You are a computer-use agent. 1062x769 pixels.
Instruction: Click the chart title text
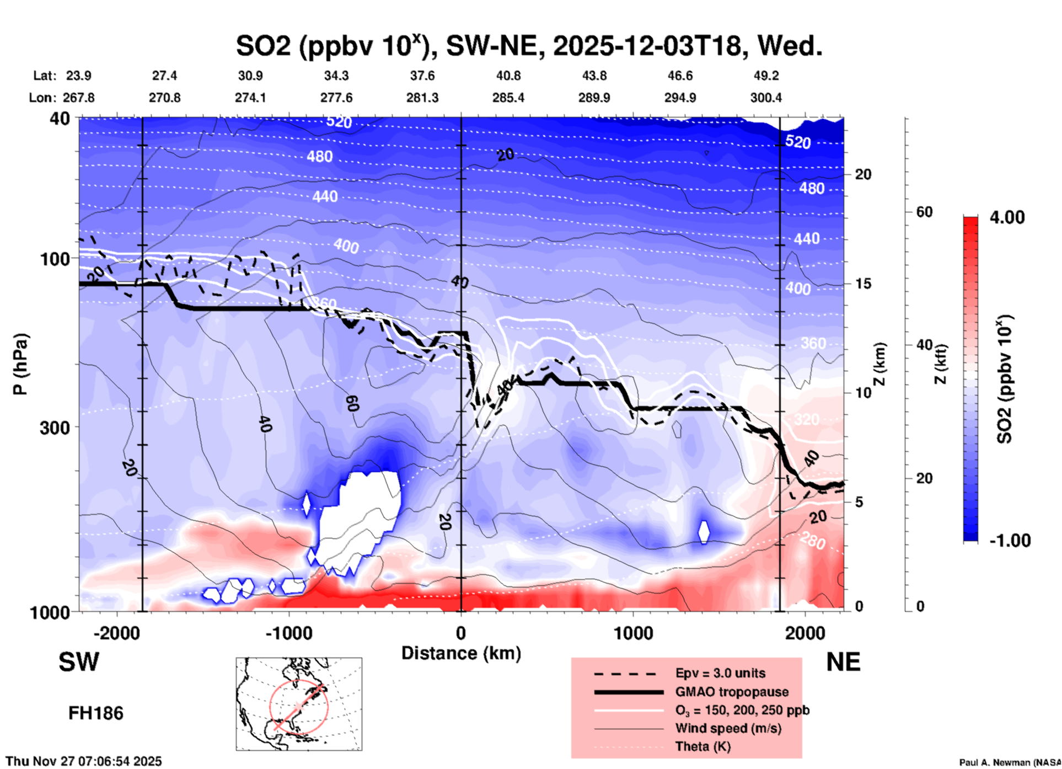click(529, 45)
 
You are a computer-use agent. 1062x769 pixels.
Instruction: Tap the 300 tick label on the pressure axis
click(55, 428)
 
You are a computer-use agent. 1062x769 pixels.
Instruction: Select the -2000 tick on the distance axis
click(117, 633)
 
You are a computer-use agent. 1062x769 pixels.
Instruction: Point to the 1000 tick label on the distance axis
click(633, 633)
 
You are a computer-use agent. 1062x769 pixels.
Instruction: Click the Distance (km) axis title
click(461, 653)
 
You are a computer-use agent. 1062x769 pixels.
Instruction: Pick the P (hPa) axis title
click(20, 364)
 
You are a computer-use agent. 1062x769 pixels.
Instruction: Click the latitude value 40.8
click(508, 76)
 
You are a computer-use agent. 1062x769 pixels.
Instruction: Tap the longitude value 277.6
click(336, 98)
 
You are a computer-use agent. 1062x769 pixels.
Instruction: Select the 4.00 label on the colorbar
click(1007, 217)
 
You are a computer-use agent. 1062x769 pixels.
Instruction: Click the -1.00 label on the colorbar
click(1010, 541)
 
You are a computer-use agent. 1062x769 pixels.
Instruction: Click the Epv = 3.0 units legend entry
click(720, 673)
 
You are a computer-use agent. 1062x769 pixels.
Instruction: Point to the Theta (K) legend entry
click(702, 746)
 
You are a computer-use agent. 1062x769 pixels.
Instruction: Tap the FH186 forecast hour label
click(96, 713)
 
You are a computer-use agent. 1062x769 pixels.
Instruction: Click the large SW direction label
click(79, 662)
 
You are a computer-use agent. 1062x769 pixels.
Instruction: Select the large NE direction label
click(843, 662)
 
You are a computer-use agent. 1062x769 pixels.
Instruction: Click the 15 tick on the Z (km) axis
click(863, 284)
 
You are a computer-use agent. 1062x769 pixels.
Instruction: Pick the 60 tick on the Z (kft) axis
click(924, 212)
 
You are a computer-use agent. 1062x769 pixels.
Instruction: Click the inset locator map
click(299, 704)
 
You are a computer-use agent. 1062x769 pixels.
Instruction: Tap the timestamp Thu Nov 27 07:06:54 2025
click(84, 761)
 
